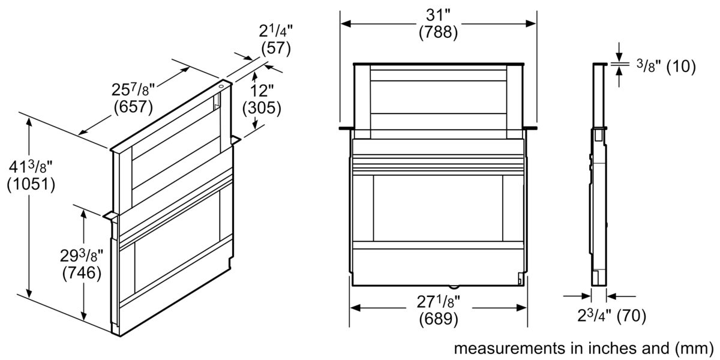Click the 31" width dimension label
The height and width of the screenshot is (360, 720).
point(438,14)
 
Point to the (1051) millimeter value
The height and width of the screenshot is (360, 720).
point(31,185)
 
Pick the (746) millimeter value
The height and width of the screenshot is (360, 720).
point(81,274)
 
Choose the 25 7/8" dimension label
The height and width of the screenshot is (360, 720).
point(133,91)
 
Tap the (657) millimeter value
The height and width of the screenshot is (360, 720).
point(133,108)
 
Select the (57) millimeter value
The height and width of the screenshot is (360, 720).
point(275,49)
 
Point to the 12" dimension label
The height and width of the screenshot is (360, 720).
point(261,91)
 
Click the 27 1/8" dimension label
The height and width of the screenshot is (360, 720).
point(438,301)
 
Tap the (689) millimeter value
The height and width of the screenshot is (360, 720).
point(438,319)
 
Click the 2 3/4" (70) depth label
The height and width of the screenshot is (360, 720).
point(611,315)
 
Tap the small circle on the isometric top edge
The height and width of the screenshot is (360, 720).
point(222,86)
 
